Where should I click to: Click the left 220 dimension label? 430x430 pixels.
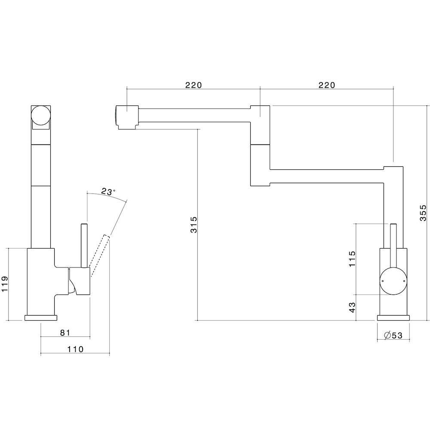(x=193, y=85)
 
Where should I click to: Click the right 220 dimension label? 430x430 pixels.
(x=327, y=85)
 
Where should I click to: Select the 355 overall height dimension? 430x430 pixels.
(x=423, y=212)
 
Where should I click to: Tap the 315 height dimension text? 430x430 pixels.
(x=194, y=224)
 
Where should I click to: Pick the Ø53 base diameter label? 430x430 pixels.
(x=393, y=335)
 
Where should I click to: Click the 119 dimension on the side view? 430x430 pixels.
(x=5, y=284)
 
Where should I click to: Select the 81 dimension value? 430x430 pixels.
(x=65, y=333)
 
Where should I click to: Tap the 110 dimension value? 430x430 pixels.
(x=75, y=349)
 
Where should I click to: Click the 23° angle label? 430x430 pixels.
(x=107, y=191)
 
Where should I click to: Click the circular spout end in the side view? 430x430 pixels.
(x=41, y=115)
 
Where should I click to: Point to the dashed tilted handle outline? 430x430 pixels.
(x=100, y=255)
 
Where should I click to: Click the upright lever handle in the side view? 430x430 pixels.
(x=84, y=246)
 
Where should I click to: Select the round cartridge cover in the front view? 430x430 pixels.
(x=393, y=281)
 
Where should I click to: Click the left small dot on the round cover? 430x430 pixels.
(x=383, y=281)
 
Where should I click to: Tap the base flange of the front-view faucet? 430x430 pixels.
(x=393, y=318)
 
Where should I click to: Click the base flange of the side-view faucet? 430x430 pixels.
(x=41, y=318)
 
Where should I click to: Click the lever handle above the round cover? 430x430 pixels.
(x=393, y=246)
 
